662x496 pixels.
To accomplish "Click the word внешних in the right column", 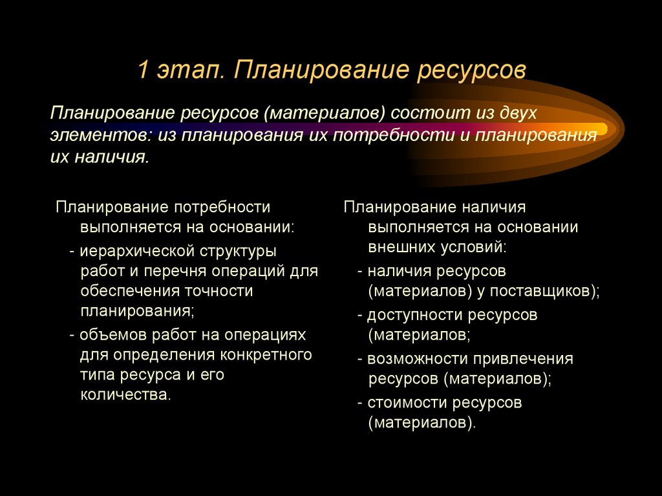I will [400, 248].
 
